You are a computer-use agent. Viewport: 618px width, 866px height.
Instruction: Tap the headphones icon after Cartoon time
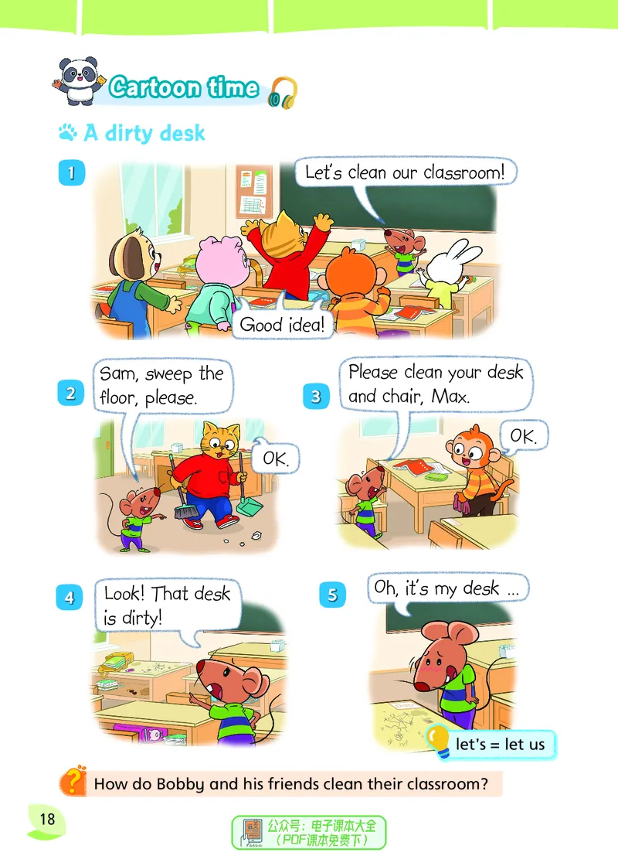283,92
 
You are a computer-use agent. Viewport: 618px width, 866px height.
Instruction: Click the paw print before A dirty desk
68,132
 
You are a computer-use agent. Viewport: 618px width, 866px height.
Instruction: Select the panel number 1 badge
72,172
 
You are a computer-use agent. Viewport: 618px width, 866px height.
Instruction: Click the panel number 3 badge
316,396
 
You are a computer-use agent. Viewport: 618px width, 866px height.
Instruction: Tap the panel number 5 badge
333,595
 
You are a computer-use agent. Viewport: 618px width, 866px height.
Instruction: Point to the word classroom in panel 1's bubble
463,172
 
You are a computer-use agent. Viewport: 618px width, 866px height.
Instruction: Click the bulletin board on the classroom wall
254,191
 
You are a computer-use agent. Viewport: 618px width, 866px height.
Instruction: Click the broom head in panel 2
186,511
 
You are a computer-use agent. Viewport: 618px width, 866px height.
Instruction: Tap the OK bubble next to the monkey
522,437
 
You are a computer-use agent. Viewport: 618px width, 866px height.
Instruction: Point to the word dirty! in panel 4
142,618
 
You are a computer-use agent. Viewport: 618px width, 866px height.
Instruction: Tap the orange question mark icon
73,781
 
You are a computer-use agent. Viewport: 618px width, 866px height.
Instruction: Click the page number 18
47,819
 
